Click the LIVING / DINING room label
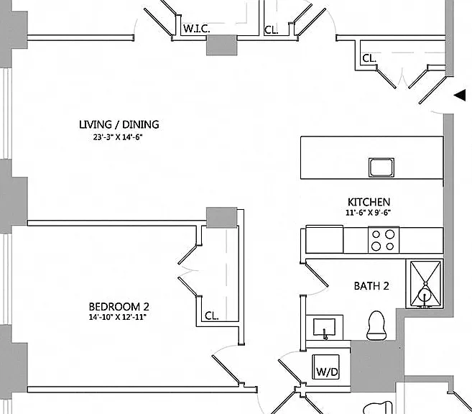pyautogui.click(x=119, y=124)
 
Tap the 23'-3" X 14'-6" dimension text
pyautogui.click(x=117, y=137)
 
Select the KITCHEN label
pyautogui.click(x=369, y=202)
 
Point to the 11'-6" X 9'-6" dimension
pyautogui.click(x=368, y=213)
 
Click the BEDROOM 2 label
pyautogui.click(x=119, y=306)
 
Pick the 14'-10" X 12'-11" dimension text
pyautogui.click(x=117, y=317)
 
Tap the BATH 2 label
pyautogui.click(x=371, y=286)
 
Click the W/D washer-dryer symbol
pyautogui.click(x=326, y=367)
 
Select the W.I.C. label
pyautogui.click(x=197, y=29)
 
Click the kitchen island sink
pyautogui.click(x=381, y=167)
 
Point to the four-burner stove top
pyautogui.click(x=383, y=240)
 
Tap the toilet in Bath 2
pyautogui.click(x=376, y=325)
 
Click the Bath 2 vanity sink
pyautogui.click(x=324, y=327)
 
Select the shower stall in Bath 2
pyautogui.click(x=425, y=284)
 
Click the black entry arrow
pyautogui.click(x=460, y=96)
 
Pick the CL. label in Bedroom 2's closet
pyautogui.click(x=212, y=316)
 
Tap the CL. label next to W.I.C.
pyautogui.click(x=272, y=30)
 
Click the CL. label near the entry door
pyautogui.click(x=369, y=58)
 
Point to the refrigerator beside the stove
pyautogui.click(x=324, y=239)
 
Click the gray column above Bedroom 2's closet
pyautogui.click(x=221, y=217)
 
